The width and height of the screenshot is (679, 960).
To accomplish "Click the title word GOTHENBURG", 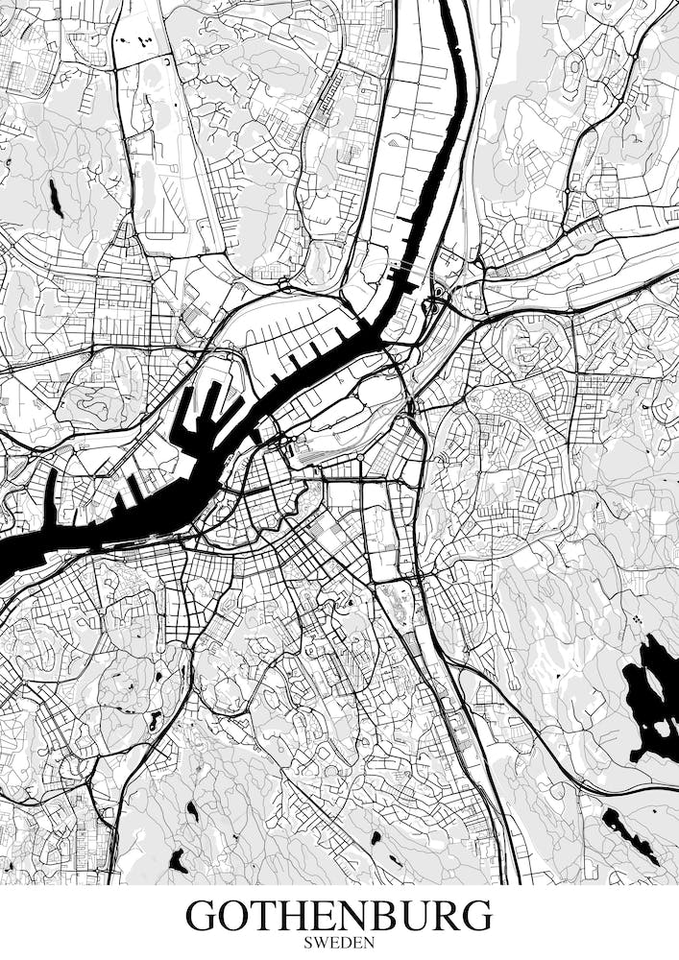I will click(339, 915).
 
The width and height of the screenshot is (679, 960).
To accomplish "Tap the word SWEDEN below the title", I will click(339, 943).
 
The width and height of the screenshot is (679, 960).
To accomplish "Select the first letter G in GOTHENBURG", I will click(204, 915).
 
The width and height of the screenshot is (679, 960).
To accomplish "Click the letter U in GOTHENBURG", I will click(412, 915).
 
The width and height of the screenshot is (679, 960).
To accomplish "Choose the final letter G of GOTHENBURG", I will click(475, 915).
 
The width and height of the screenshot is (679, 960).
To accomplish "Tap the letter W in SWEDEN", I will click(321, 943).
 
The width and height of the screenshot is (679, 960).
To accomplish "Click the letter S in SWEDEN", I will click(308, 943).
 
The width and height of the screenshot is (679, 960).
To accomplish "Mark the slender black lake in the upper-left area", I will click(56, 198).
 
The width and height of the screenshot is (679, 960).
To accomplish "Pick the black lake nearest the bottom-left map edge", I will click(178, 861).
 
